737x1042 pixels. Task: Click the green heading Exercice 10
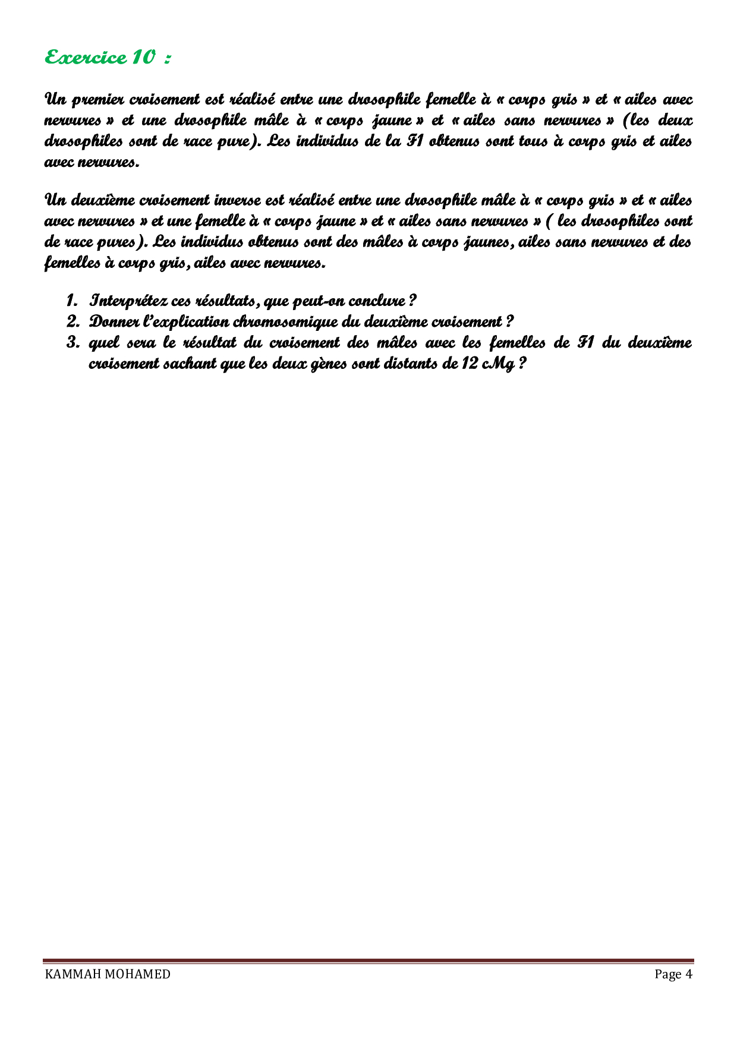[x=108, y=58]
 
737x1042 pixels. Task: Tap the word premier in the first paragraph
[x=96, y=99]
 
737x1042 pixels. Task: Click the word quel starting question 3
[x=103, y=343]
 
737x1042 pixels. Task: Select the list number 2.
[x=73, y=321]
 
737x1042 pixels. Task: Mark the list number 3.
[x=73, y=343]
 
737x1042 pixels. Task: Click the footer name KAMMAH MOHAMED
[x=108, y=974]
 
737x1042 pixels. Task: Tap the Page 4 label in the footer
[x=673, y=974]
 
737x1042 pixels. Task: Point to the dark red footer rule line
[x=368, y=961]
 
